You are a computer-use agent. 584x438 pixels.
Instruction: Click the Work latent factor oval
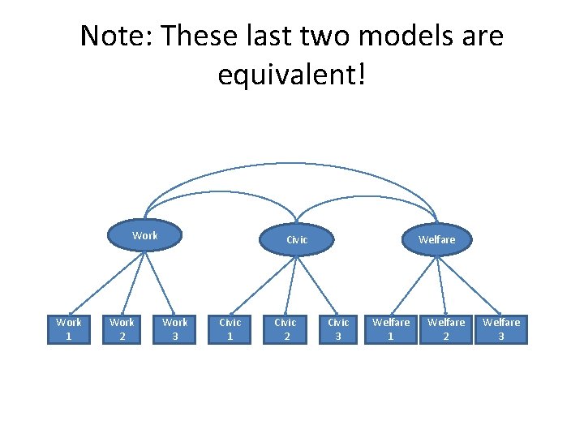[145, 236]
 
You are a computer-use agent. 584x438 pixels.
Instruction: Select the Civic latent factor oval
[297, 239]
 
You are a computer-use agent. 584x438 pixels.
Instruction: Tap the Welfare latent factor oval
[436, 239]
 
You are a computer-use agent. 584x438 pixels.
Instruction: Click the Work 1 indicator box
[68, 328]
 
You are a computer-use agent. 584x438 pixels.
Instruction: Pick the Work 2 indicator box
[122, 328]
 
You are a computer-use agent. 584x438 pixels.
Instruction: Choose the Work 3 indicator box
[174, 328]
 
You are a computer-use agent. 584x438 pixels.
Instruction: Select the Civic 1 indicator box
[230, 328]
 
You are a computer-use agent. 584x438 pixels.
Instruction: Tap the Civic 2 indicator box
[285, 328]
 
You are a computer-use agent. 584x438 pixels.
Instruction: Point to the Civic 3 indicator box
[338, 328]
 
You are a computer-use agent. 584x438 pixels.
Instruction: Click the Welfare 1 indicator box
[391, 328]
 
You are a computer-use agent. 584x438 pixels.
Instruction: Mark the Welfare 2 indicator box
[446, 328]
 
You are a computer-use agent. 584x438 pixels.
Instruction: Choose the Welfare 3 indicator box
[500, 328]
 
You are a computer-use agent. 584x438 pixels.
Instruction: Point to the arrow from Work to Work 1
[105, 284]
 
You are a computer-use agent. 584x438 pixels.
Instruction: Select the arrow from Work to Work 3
[160, 284]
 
